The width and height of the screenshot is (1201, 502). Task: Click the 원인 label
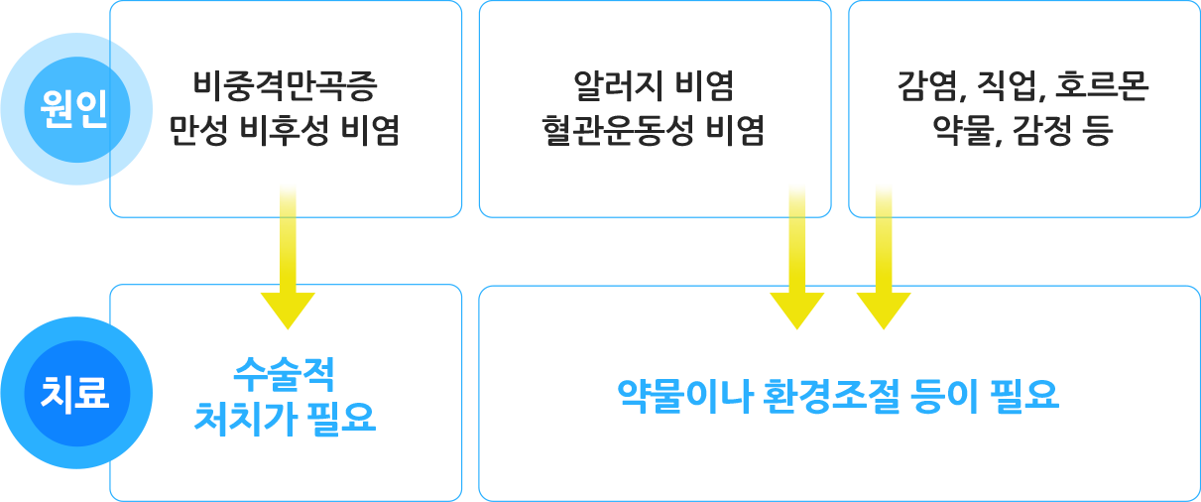(x=73, y=108)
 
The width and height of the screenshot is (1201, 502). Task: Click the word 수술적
(x=284, y=374)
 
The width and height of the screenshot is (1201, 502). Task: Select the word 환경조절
(x=831, y=397)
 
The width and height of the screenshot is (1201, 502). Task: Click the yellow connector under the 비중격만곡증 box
(x=288, y=256)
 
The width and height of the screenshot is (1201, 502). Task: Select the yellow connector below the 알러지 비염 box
(x=796, y=256)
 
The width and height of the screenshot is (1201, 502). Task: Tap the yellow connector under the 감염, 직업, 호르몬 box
(x=884, y=256)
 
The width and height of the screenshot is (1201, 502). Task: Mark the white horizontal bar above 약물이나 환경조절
(x=911, y=354)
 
